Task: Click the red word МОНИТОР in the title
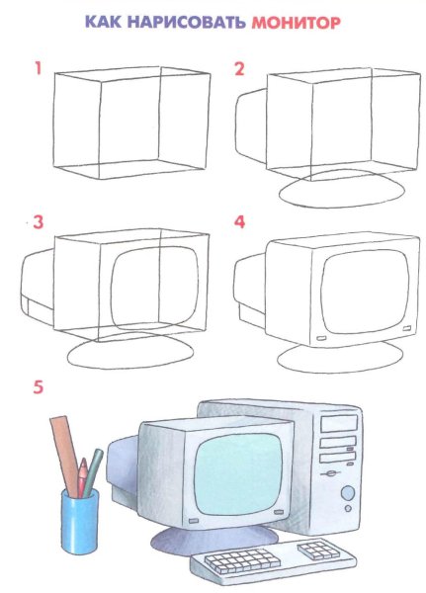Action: pos(296,23)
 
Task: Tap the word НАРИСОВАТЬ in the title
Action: pos(186,22)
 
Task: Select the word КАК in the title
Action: pos(103,22)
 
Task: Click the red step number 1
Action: pos(38,68)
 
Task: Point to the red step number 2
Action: pos(239,69)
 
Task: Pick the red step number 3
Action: pos(39,222)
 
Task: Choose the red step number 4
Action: pos(239,222)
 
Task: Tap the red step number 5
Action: pos(39,386)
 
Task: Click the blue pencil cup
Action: pos(80,520)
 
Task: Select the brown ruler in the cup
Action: pos(65,454)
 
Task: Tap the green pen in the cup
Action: pos(93,472)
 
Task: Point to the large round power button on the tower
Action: pos(348,493)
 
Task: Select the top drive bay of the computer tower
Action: pos(339,423)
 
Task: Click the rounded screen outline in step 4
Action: pos(365,291)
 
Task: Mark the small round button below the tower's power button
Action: pos(348,508)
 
